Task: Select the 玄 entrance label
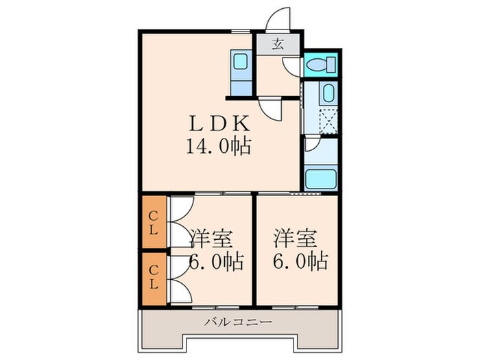[x=278, y=45]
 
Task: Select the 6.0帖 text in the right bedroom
[x=300, y=261]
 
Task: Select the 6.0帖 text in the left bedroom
[x=215, y=261]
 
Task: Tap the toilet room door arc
[x=291, y=67]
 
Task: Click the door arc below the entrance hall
[x=272, y=110]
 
